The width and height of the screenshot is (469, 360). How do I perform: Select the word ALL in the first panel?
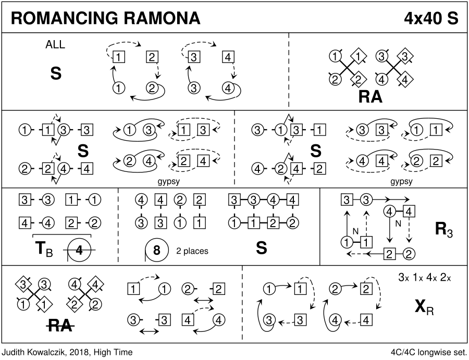[x=55, y=45]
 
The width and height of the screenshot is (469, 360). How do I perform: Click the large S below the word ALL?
[x=56, y=74]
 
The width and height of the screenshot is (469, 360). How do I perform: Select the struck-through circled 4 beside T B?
[x=79, y=250]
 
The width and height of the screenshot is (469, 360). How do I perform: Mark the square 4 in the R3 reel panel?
[x=410, y=211]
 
